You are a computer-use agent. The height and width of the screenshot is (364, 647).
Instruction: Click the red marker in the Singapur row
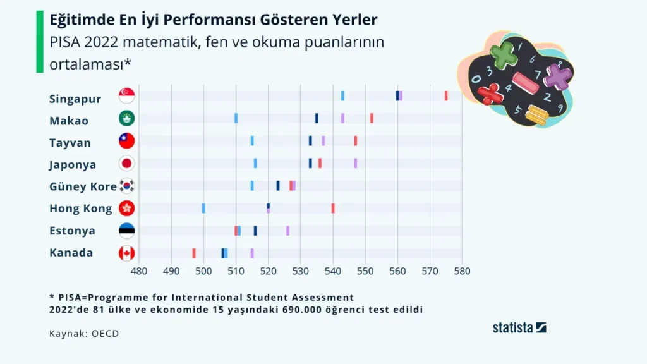[x=446, y=96]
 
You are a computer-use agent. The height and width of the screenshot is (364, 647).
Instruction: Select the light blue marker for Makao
[x=236, y=118]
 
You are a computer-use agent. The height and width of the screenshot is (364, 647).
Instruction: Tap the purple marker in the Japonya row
[x=356, y=163]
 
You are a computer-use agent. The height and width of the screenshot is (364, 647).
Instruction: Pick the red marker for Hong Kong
[x=333, y=208]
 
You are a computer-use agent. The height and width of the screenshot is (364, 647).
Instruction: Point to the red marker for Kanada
[x=194, y=253]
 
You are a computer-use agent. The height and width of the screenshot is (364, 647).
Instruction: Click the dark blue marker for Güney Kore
[x=278, y=186]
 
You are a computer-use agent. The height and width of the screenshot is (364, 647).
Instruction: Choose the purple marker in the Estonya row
[x=287, y=231]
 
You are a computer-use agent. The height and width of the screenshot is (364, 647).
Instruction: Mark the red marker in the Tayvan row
[x=356, y=141]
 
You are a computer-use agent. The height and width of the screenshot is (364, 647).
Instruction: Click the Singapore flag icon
[x=126, y=96]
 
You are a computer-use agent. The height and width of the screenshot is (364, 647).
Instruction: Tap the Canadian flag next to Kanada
[x=126, y=253]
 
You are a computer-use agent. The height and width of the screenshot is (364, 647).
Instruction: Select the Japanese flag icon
[x=126, y=164]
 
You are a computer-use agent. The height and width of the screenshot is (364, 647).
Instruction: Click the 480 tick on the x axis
[x=139, y=271]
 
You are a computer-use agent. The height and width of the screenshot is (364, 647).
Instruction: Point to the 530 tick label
[x=333, y=271]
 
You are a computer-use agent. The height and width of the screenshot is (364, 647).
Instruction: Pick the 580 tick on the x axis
[x=462, y=271]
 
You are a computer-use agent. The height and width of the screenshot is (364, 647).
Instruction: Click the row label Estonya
[x=72, y=231]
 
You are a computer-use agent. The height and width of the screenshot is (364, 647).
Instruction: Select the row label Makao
[x=69, y=121]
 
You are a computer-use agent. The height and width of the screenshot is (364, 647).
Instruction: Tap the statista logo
[x=519, y=327]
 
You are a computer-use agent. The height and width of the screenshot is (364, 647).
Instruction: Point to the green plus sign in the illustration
[x=504, y=55]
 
